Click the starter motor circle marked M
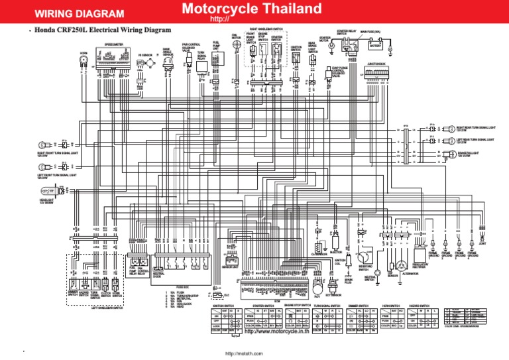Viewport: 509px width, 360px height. (322, 48)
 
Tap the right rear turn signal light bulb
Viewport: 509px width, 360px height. (445, 129)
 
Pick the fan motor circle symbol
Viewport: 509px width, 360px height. (234, 46)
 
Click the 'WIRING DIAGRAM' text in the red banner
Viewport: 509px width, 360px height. (79, 13)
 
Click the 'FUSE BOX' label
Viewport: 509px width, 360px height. (184, 287)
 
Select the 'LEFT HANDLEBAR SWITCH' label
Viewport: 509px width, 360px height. (107, 308)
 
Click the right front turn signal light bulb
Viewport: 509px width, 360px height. (46, 143)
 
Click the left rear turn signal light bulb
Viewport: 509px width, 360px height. (445, 141)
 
